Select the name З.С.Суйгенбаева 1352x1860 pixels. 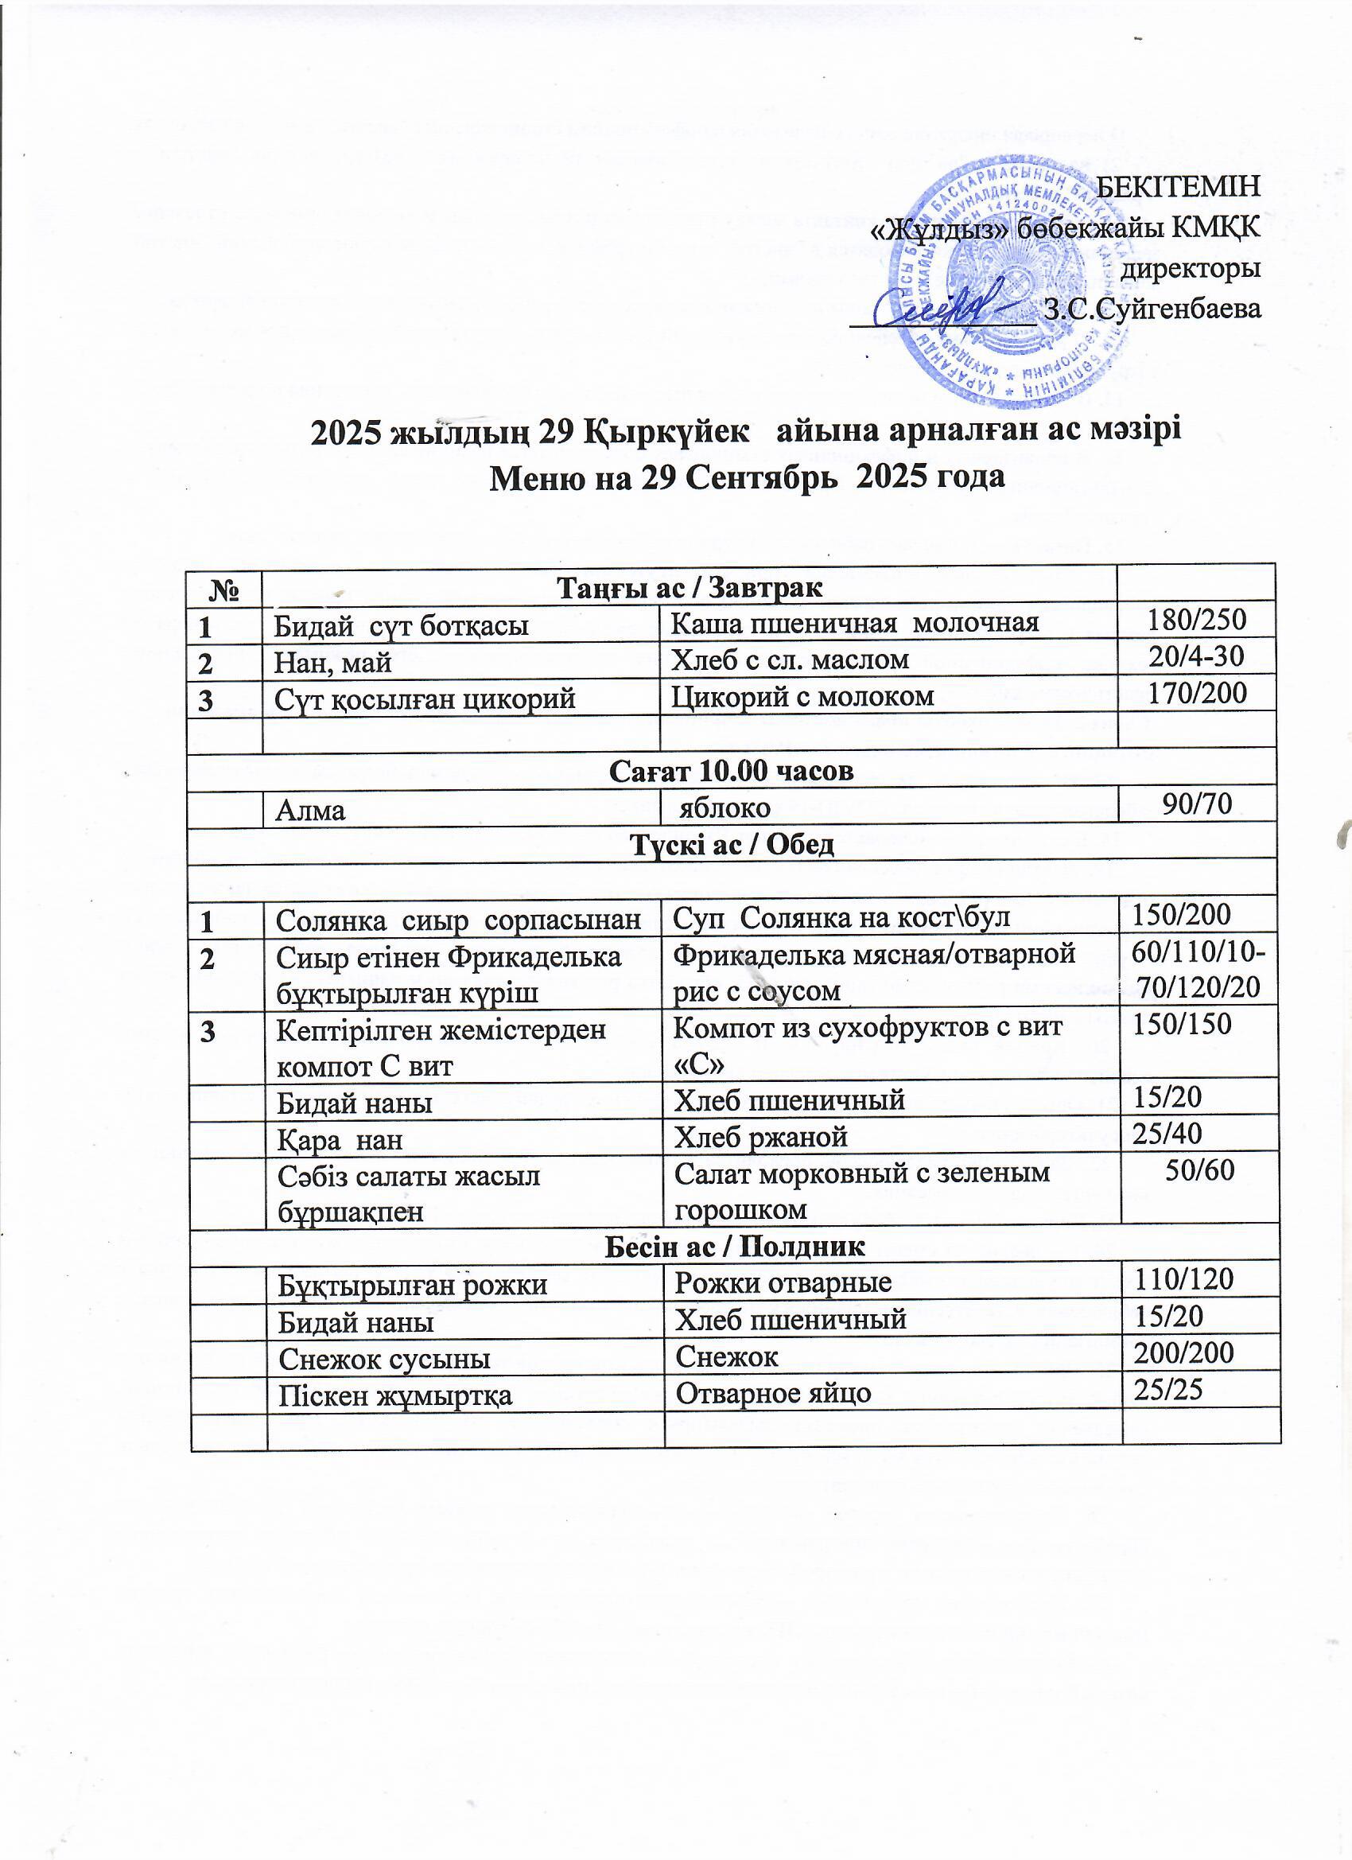pyautogui.click(x=1152, y=310)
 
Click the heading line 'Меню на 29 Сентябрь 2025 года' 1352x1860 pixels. pyautogui.click(x=746, y=477)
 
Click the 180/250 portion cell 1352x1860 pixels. pyautogui.click(x=1197, y=620)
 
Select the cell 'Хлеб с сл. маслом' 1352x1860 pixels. pyautogui.click(x=791, y=659)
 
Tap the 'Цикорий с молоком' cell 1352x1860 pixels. pyautogui.click(x=802, y=695)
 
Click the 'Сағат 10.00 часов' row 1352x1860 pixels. pyautogui.click(x=732, y=771)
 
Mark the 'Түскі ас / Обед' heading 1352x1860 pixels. pyautogui.click(x=732, y=844)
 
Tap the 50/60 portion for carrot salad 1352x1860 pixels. pyautogui.click(x=1199, y=1170)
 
